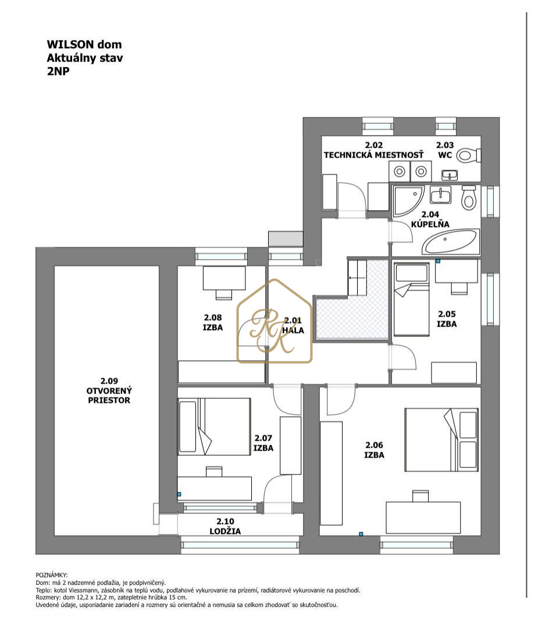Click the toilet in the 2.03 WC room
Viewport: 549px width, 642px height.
(x=468, y=155)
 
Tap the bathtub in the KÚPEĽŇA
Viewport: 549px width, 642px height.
(x=450, y=242)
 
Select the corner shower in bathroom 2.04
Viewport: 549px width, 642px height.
(x=408, y=201)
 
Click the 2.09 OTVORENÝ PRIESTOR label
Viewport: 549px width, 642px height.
(x=109, y=391)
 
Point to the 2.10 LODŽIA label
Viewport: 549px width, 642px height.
(x=225, y=526)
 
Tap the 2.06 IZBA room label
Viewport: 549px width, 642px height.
(x=374, y=449)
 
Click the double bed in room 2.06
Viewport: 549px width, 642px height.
(x=441, y=439)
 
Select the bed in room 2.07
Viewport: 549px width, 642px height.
(x=214, y=426)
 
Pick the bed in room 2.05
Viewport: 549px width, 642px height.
(x=411, y=300)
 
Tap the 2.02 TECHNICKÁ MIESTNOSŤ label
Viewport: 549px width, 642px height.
(x=373, y=150)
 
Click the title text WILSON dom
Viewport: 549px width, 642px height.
(x=84, y=44)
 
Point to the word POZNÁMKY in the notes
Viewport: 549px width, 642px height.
(x=52, y=575)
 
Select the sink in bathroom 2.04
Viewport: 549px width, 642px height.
(x=440, y=195)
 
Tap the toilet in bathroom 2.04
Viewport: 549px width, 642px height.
(x=468, y=197)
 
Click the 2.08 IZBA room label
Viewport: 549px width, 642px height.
(x=213, y=322)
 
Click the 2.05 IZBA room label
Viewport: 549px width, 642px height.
(x=447, y=318)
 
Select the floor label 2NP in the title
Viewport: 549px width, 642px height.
(x=58, y=71)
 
